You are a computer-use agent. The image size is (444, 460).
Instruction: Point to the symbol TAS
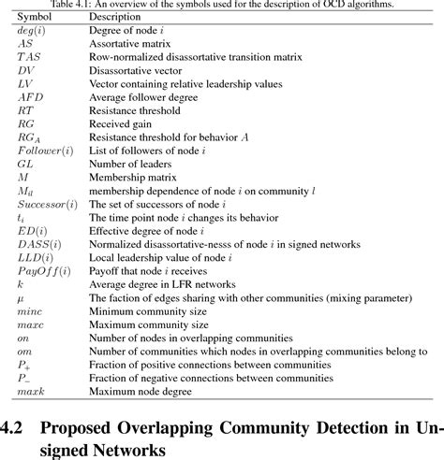pyautogui.click(x=28, y=56)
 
